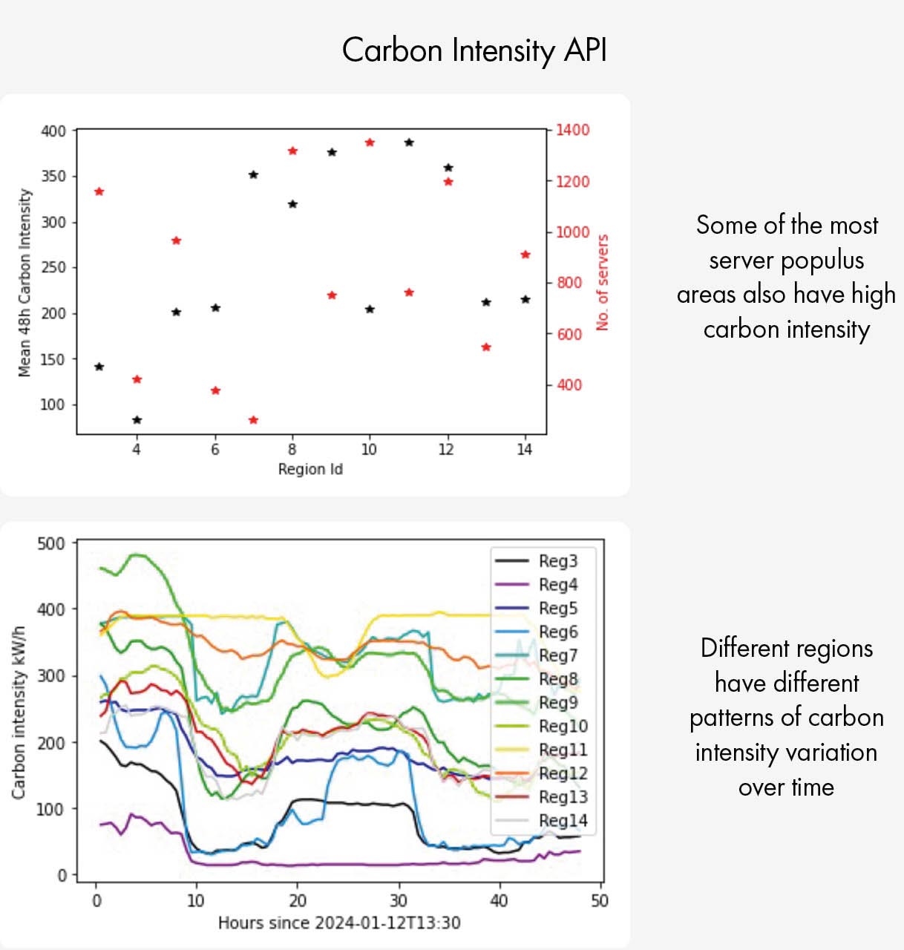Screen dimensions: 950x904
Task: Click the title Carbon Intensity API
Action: point(474,50)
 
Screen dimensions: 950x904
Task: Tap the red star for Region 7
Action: point(253,420)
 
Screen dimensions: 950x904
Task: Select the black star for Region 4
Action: point(137,420)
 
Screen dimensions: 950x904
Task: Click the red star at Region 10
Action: point(370,142)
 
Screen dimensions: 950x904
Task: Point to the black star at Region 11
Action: point(409,142)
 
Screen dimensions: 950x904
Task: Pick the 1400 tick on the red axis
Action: point(572,130)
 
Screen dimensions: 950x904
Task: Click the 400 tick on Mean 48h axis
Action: point(53,131)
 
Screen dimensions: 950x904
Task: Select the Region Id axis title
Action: point(310,469)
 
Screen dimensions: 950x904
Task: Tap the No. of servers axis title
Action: point(602,282)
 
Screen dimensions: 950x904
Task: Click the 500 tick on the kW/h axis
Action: point(51,543)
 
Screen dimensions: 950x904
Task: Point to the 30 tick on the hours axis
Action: point(399,900)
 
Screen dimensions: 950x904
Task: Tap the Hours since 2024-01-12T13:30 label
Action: point(339,923)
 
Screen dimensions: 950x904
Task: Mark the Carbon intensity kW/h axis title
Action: point(19,712)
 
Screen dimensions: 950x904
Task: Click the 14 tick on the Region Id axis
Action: point(525,449)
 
